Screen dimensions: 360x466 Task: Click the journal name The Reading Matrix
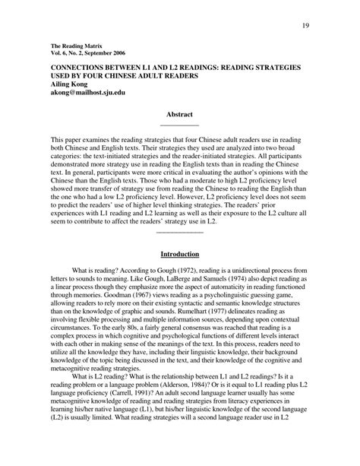[74, 46]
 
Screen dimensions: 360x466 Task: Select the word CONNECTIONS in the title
[78, 68]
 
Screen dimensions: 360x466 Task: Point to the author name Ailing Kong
[70, 86]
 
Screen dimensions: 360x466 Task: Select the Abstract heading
[179, 114]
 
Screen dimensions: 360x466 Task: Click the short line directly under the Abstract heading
[179, 125]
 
